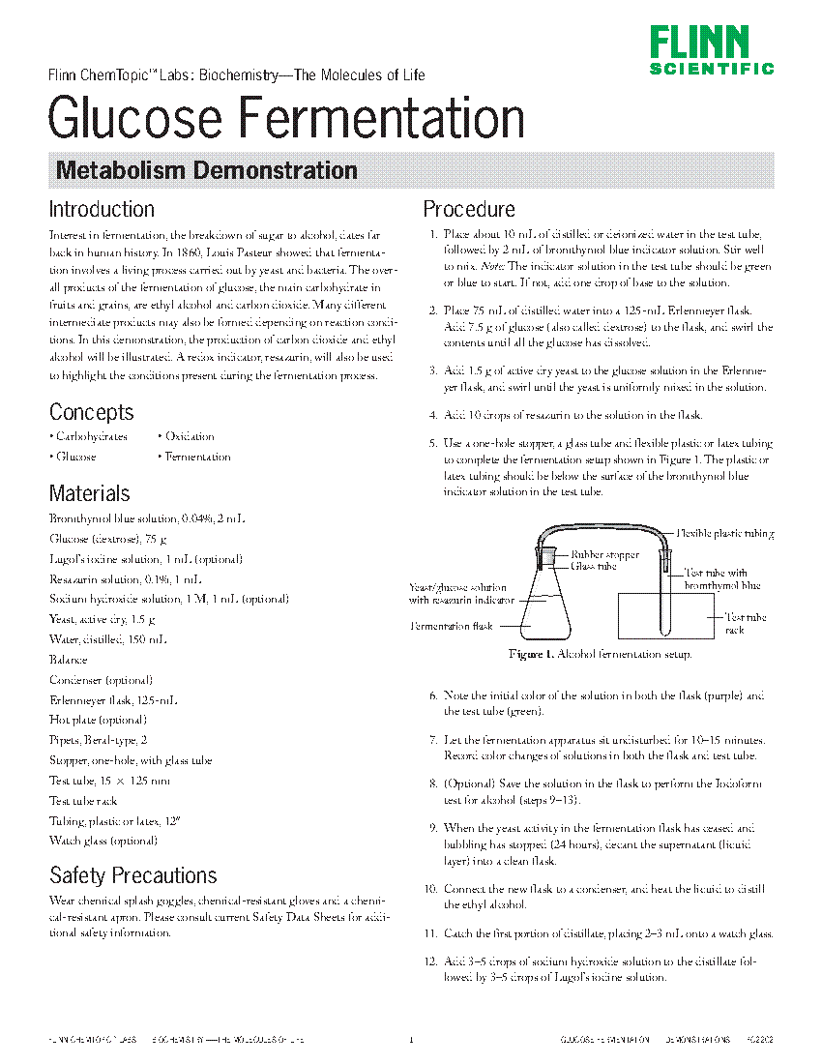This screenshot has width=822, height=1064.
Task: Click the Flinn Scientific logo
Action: (x=711, y=50)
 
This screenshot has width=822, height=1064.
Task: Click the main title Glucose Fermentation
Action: (x=286, y=119)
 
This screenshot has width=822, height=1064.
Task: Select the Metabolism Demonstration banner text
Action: (x=207, y=171)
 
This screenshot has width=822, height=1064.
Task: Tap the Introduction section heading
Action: (x=102, y=209)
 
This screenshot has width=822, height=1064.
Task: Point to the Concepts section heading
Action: (x=92, y=412)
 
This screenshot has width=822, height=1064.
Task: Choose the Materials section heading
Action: (x=90, y=493)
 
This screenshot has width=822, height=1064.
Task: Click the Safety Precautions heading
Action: (x=133, y=875)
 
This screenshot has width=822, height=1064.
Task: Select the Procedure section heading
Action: (x=469, y=209)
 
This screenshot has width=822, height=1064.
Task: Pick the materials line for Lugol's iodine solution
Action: (x=145, y=559)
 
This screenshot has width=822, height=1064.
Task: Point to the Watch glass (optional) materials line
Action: (x=103, y=841)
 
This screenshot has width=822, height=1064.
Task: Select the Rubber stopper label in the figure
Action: (x=604, y=554)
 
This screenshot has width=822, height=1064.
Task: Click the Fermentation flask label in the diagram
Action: (x=451, y=626)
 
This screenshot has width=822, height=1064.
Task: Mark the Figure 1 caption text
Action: (x=601, y=655)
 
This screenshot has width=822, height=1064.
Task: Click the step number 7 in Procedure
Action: (x=434, y=739)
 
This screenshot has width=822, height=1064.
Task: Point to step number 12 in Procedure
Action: (x=431, y=961)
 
